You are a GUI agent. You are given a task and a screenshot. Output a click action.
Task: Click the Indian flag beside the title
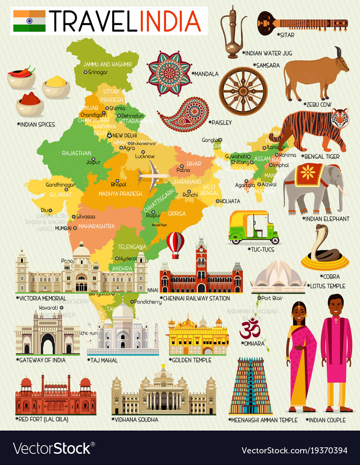tap(29, 21)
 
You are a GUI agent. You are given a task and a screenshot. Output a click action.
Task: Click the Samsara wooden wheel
tap(243, 91)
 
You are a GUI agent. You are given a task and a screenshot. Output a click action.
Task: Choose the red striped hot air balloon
tap(175, 244)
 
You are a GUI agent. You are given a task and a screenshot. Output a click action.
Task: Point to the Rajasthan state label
tap(77, 153)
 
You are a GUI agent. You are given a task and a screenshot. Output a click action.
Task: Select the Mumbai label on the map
tap(63, 227)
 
